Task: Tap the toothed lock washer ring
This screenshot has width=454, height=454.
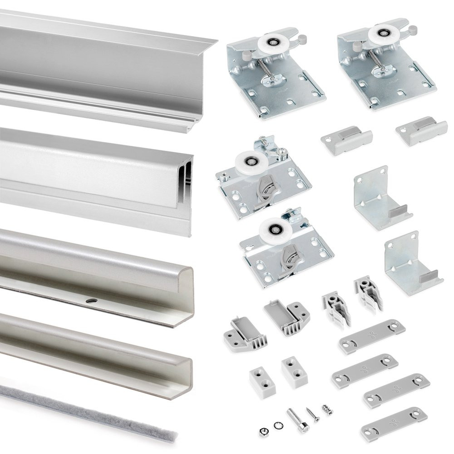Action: point(277,425)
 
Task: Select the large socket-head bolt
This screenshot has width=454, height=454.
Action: point(297,420)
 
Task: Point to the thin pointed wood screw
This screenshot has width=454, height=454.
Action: point(313,415)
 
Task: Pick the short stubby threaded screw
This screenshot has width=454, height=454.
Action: point(327,410)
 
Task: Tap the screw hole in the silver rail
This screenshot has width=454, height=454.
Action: point(92,301)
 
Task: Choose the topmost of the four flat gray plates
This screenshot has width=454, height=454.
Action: point(372,336)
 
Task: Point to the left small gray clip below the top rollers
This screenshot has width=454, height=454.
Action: point(346,141)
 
